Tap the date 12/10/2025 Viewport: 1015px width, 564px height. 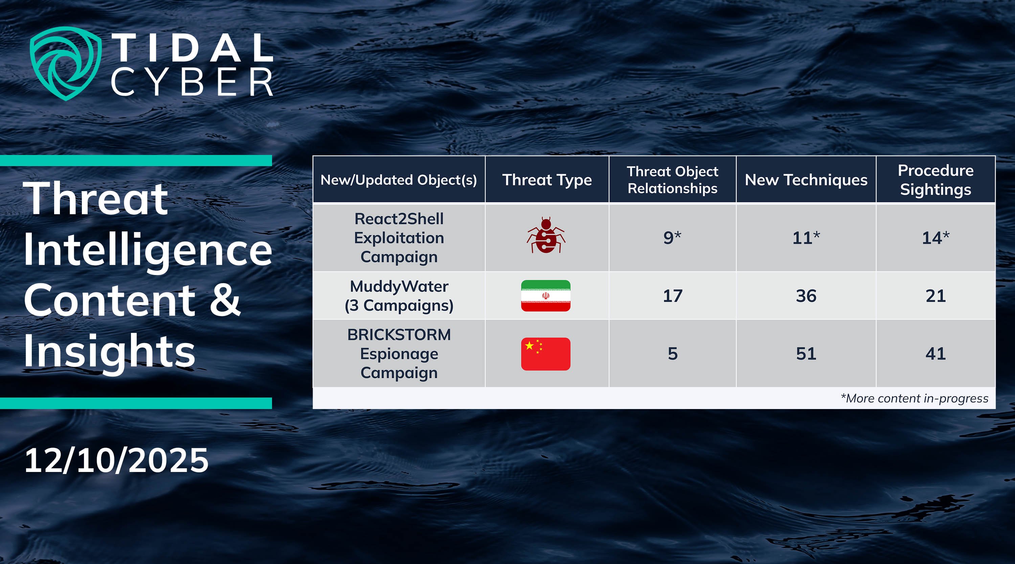[x=116, y=460]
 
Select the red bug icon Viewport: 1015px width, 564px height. [x=546, y=235]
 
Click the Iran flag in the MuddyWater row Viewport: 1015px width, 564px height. [x=546, y=296]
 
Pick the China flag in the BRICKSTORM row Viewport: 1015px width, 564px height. [x=546, y=354]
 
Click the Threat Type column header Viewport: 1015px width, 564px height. [x=547, y=180]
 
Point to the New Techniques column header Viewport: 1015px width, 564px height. [x=806, y=180]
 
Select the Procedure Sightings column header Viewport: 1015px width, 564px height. [x=936, y=180]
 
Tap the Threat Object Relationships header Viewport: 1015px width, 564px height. [x=673, y=180]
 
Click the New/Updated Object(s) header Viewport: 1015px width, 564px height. [x=399, y=180]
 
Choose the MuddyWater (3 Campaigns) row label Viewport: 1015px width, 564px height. [x=399, y=296]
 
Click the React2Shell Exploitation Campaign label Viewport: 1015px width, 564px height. [x=399, y=238]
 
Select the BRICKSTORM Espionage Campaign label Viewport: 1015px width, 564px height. [x=399, y=354]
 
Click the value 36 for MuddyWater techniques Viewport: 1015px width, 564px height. [x=806, y=296]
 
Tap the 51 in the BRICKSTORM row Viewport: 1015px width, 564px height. [x=806, y=354]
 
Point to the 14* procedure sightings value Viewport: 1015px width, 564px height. [x=936, y=238]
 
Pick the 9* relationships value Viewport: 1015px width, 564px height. [x=673, y=238]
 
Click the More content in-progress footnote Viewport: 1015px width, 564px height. [x=915, y=399]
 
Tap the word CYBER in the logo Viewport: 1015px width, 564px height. [x=192, y=82]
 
